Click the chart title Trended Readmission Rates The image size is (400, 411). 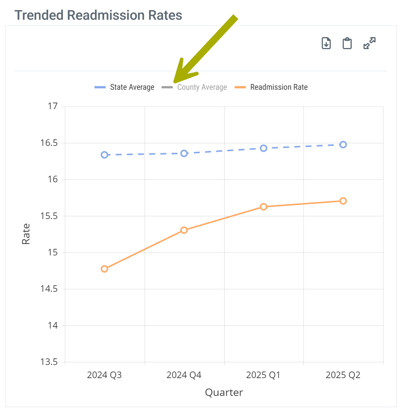pos(98,15)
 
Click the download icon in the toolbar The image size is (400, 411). pos(326,43)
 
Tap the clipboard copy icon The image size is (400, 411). pos(347,43)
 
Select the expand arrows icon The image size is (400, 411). pos(370,43)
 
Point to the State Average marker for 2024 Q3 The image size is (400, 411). pos(105,155)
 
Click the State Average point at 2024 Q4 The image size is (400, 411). pos(184,153)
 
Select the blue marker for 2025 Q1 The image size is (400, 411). pos(264,148)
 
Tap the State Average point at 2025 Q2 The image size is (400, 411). pos(343,145)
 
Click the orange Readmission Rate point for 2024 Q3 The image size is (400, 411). pos(105,269)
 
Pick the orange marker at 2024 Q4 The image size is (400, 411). pos(184,230)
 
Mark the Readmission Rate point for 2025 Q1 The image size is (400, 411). pos(264,207)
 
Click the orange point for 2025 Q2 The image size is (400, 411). pos(343,201)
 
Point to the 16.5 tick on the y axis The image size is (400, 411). pos(49,143)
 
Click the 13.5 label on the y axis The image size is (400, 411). pos(49,362)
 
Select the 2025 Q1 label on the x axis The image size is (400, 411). pos(263,375)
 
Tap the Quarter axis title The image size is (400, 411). pos(224,392)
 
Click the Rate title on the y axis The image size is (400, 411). pos(26,234)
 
